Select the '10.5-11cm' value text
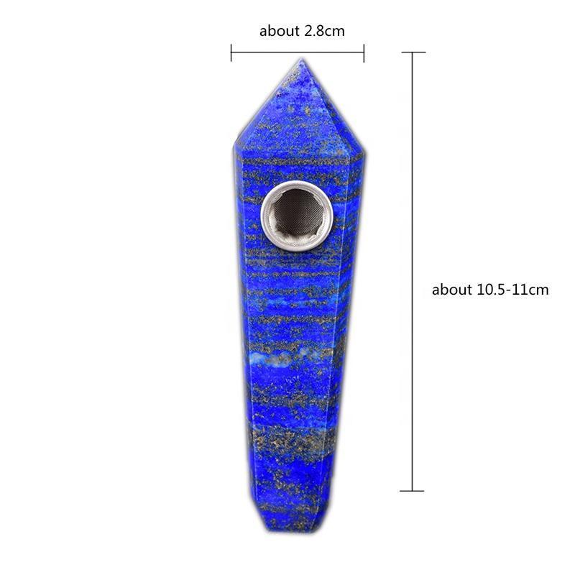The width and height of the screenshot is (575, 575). point(512,290)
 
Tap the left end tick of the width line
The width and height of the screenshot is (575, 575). point(231,52)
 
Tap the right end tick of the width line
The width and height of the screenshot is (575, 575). point(364,52)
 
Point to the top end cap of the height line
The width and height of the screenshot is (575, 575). point(413,52)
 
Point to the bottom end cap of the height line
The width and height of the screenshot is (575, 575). point(412,491)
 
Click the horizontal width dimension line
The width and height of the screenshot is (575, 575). point(298,52)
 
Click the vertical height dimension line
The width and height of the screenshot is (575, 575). point(413,272)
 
